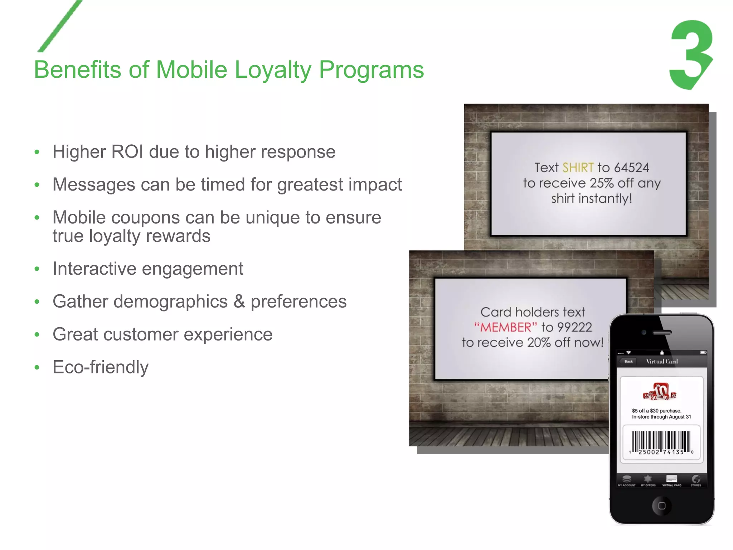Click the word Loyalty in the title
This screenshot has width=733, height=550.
(x=273, y=69)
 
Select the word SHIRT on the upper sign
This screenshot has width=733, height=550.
(x=578, y=168)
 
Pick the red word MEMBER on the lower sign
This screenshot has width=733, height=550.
(x=506, y=327)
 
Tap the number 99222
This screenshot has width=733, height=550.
(x=574, y=327)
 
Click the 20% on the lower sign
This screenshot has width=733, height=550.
(x=539, y=343)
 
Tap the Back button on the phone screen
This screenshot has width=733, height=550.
(x=628, y=361)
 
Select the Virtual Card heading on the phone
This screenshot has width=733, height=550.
(x=662, y=361)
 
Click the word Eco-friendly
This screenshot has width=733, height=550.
(x=101, y=367)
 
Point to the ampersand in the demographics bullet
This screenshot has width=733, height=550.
(x=239, y=301)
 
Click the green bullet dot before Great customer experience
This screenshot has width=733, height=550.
(x=37, y=335)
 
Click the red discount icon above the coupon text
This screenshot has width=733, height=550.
(x=660, y=391)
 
